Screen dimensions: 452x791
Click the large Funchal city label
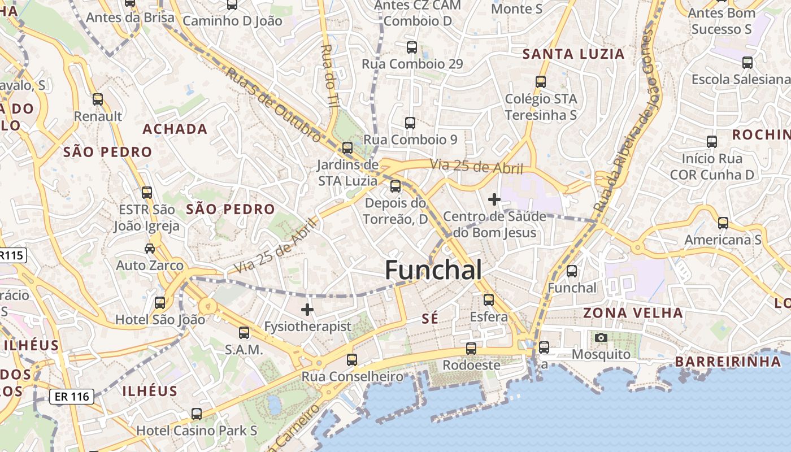(x=433, y=270)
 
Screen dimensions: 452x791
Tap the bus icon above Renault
(x=98, y=99)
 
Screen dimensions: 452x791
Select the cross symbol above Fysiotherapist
(x=307, y=310)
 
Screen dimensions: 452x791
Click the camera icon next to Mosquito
(x=601, y=338)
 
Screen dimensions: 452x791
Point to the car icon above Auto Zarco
(x=150, y=248)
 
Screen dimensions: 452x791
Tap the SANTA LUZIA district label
(x=573, y=54)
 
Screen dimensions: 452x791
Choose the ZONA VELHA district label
(x=633, y=312)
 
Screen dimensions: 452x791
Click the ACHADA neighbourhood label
(x=175, y=129)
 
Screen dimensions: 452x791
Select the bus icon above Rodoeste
(x=471, y=348)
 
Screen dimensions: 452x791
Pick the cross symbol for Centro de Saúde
(x=494, y=199)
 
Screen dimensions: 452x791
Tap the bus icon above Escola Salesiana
(x=747, y=62)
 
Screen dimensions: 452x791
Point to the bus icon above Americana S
(x=723, y=223)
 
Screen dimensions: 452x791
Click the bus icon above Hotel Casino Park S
(x=197, y=414)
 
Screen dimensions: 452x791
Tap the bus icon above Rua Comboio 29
(x=412, y=47)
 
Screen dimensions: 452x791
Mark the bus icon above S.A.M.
(x=244, y=333)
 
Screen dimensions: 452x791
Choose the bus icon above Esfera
(x=489, y=299)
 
